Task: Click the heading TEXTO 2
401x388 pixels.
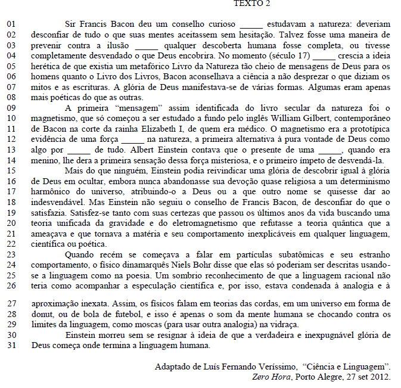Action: tap(251, 4)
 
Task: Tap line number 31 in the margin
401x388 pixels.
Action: tap(11, 345)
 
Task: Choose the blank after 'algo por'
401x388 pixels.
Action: tap(80, 150)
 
